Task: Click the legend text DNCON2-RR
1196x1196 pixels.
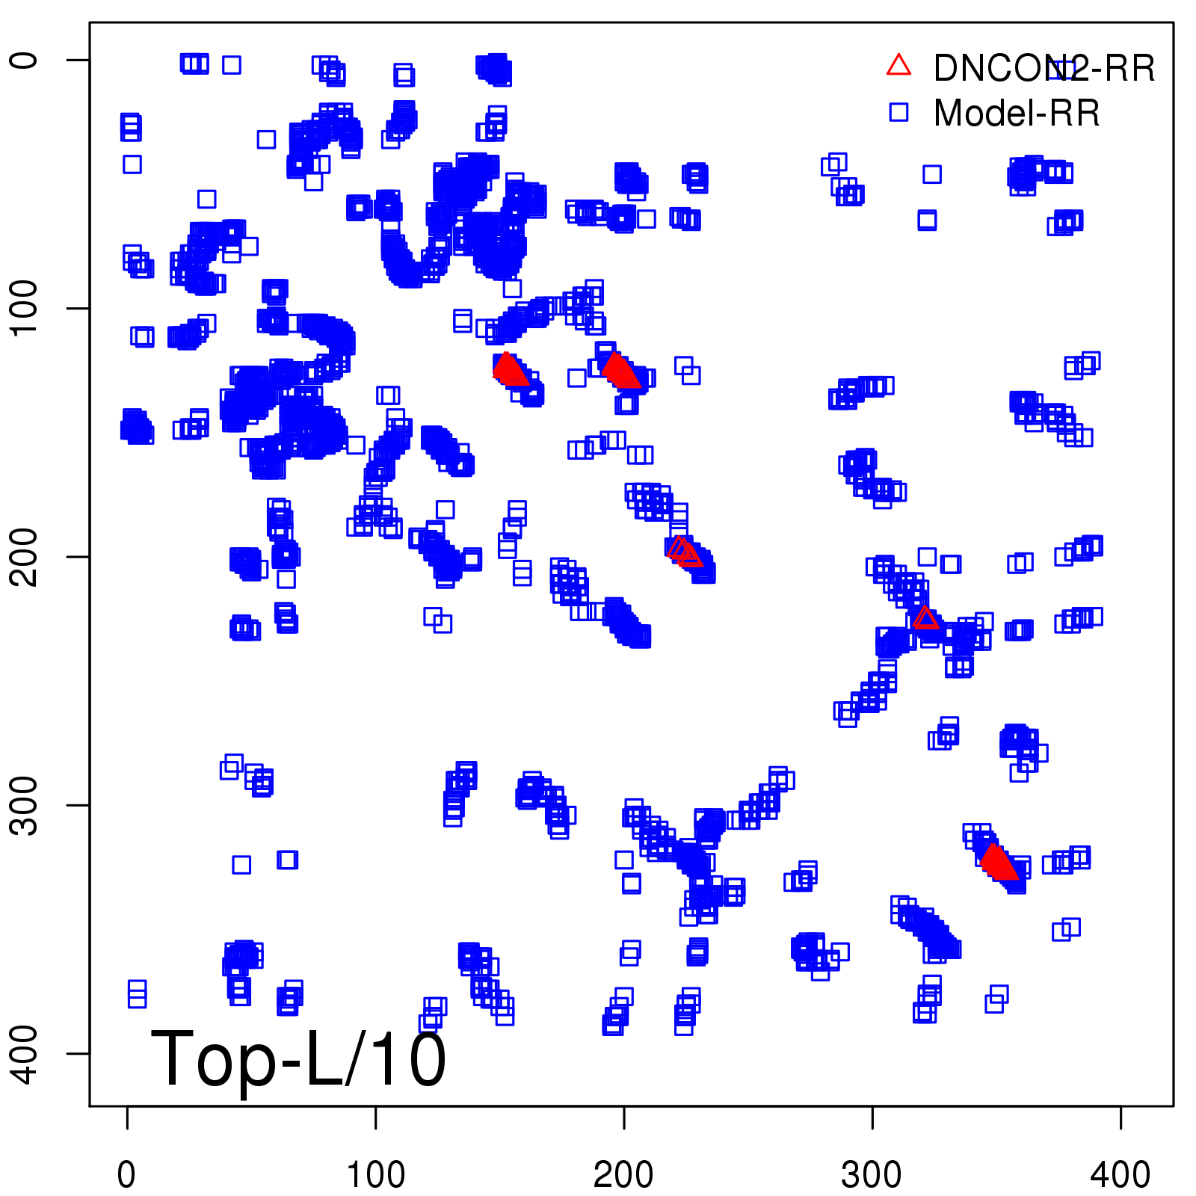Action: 1044,69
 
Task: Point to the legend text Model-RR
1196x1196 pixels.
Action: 1017,114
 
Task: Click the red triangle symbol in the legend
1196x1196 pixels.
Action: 898,66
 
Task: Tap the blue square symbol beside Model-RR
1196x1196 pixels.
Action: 898,112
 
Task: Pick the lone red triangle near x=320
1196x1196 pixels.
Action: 925,618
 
